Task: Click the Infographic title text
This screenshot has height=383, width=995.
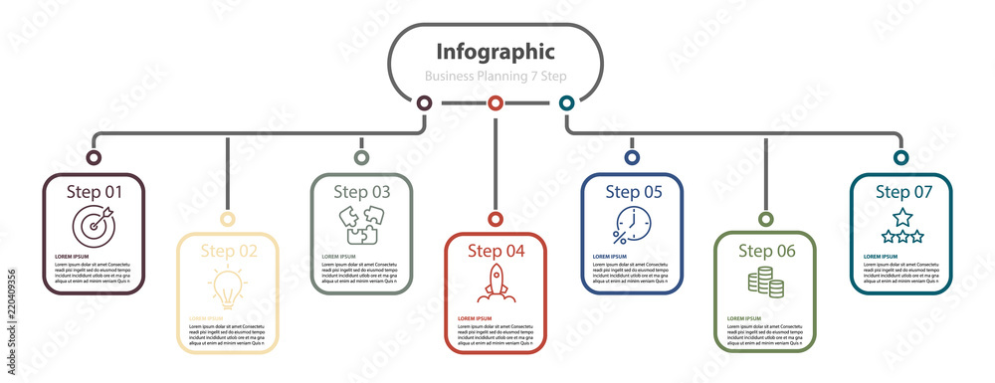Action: (x=496, y=51)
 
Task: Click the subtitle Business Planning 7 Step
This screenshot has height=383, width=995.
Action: (x=496, y=76)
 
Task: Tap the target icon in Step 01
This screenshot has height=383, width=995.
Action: (x=94, y=225)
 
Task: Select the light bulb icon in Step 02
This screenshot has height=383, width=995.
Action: (x=227, y=287)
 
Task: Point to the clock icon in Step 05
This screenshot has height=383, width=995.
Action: (x=631, y=225)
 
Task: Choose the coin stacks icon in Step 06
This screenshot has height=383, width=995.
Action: (x=765, y=283)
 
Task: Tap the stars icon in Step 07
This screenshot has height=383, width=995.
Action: (x=901, y=225)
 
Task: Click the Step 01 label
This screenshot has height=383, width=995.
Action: (x=95, y=191)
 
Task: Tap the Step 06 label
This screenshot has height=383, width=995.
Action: (x=766, y=251)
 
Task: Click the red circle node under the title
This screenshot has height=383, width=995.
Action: (x=495, y=102)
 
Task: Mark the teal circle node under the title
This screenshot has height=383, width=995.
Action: (x=566, y=102)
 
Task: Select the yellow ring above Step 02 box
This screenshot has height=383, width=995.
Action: (x=227, y=219)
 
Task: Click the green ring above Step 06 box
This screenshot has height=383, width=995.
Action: (x=765, y=219)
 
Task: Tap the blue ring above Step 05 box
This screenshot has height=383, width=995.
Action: (x=631, y=157)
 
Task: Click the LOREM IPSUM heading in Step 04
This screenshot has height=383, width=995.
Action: (x=475, y=318)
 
